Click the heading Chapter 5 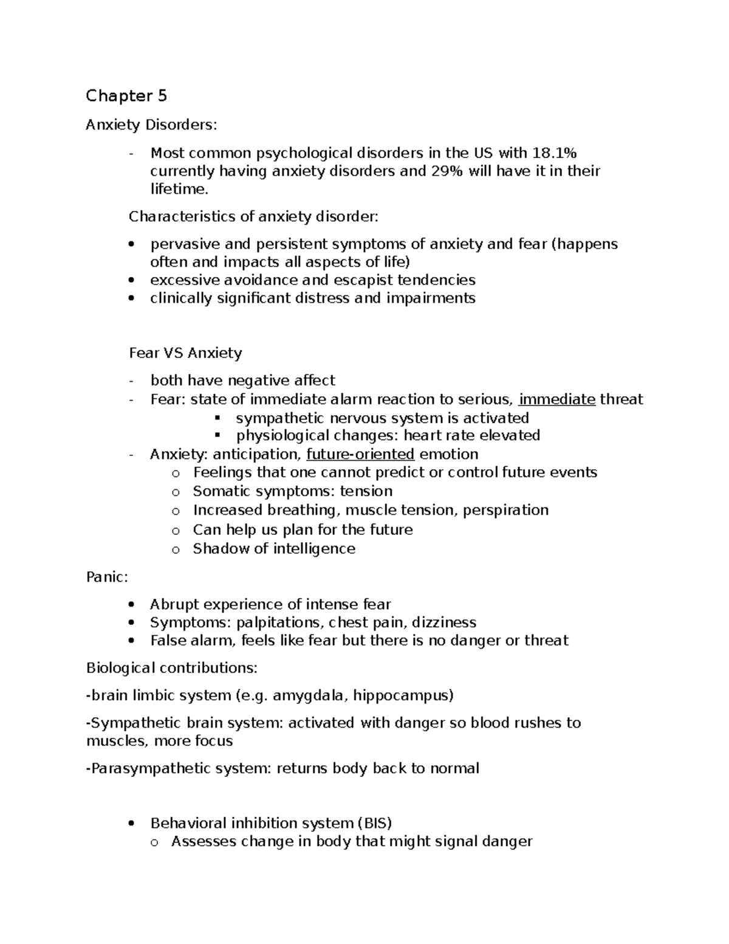click(126, 96)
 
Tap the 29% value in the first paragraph click(447, 171)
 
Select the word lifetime click(179, 189)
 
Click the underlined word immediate click(557, 399)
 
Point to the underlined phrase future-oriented click(360, 454)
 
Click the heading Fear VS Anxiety click(185, 353)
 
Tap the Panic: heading click(107, 577)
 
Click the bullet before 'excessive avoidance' click(132, 281)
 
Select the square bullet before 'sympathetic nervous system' click(217, 418)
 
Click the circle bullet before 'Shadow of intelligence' click(176, 550)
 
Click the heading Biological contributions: click(172, 668)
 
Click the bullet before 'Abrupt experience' click(132, 605)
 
